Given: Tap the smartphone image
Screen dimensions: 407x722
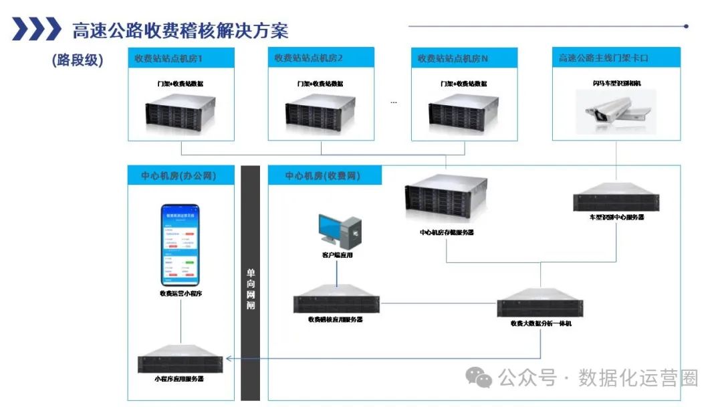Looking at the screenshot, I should tap(180, 244).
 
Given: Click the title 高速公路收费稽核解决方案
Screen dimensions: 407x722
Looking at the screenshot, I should tap(180, 30).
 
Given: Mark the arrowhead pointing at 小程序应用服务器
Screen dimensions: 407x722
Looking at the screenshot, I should tap(229, 359).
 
